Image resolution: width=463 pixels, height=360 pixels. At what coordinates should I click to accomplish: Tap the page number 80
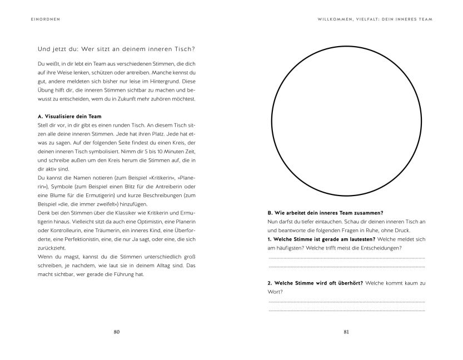coord(117,332)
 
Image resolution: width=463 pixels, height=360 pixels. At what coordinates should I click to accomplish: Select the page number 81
coord(346,332)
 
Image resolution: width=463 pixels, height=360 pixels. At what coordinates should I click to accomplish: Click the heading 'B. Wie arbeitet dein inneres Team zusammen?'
coord(325,213)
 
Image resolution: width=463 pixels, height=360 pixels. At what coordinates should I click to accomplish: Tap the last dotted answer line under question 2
coord(346,310)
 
